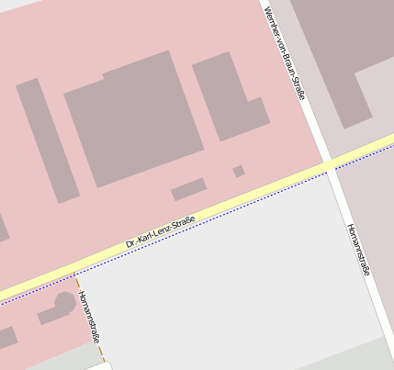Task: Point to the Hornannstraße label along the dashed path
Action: (89, 317)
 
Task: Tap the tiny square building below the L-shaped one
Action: (239, 171)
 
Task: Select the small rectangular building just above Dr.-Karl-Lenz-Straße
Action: (188, 189)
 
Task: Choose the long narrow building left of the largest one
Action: (44, 138)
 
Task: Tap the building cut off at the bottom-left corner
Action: (6, 339)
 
